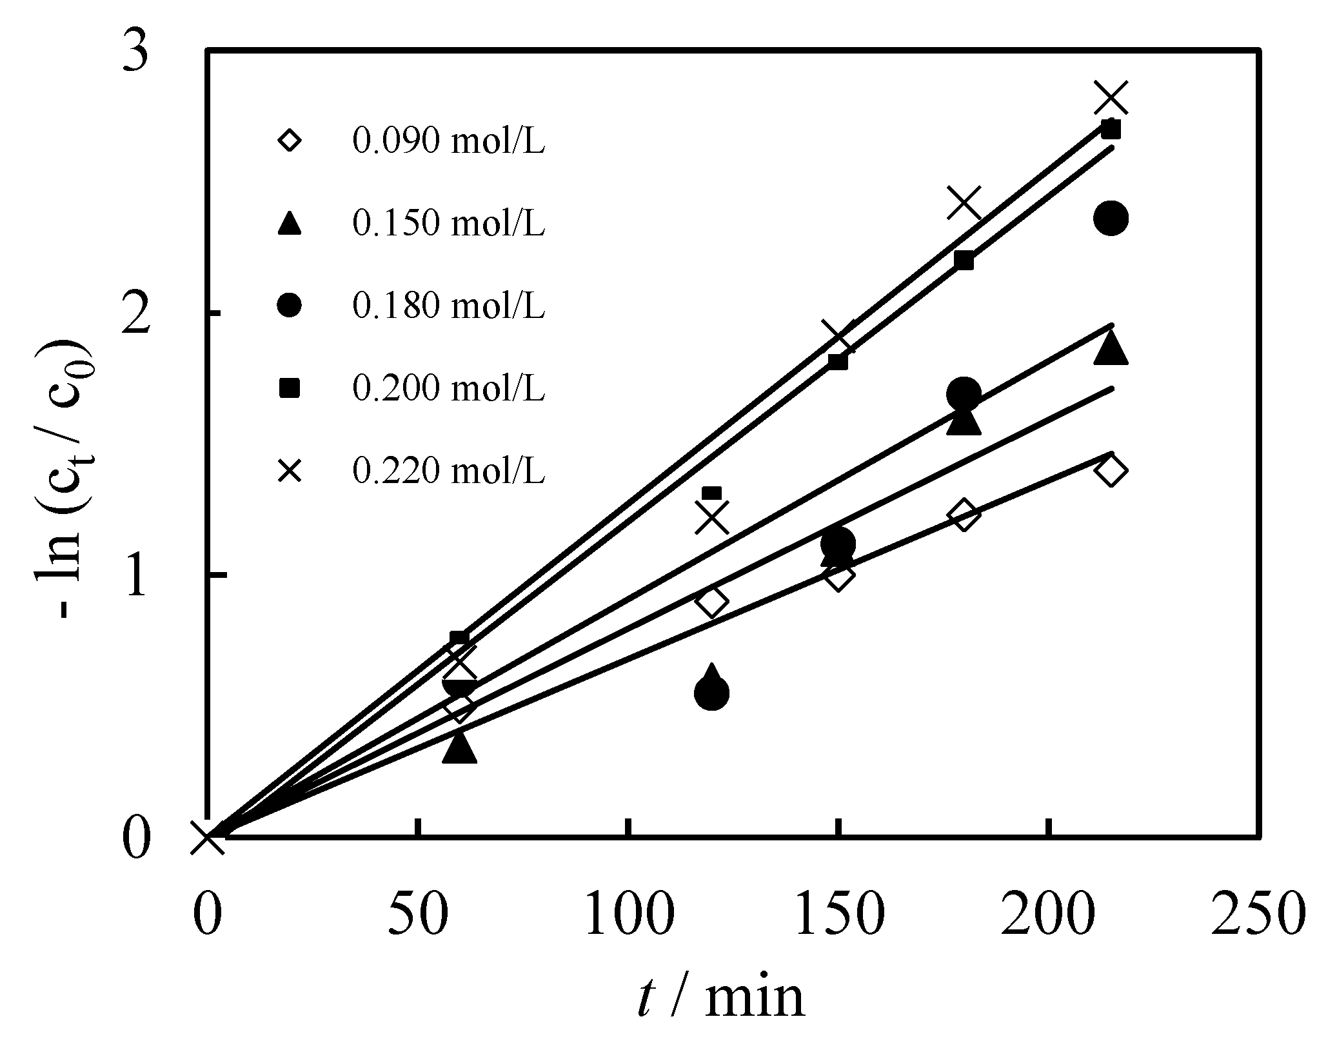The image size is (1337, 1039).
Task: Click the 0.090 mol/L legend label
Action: (x=448, y=141)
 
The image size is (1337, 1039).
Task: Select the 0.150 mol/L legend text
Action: (x=448, y=223)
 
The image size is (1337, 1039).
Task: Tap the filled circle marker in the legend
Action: (x=290, y=305)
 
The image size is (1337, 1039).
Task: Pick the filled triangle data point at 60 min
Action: (x=459, y=748)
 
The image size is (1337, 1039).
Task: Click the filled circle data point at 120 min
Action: (x=712, y=693)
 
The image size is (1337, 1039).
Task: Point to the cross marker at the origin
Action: (x=208, y=838)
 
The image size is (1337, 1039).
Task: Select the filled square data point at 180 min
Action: (x=964, y=261)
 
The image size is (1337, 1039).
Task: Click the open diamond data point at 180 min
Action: (x=964, y=515)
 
